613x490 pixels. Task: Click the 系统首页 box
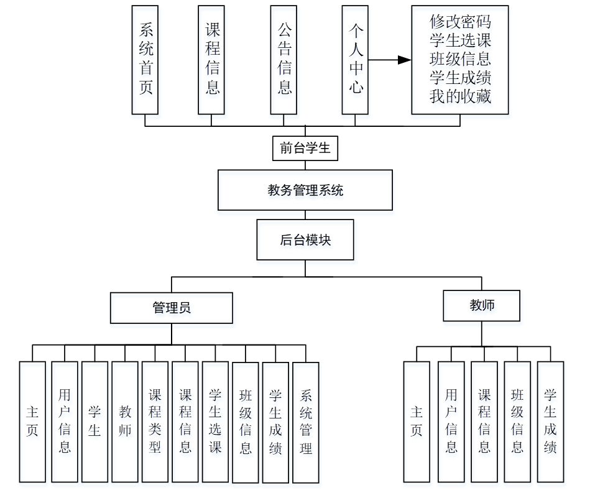[145, 60]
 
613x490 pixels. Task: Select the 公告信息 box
[284, 60]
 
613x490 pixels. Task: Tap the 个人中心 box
[356, 60]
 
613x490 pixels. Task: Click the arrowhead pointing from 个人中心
[404, 60]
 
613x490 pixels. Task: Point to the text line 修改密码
[460, 22]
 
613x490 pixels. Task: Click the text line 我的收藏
[460, 96]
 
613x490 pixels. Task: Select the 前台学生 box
[305, 149]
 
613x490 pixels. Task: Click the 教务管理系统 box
[305, 190]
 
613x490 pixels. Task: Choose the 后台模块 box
[305, 239]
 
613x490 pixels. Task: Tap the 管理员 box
[172, 308]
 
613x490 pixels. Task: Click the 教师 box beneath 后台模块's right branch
[482, 305]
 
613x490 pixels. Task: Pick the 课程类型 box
[155, 422]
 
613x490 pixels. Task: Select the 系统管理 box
[305, 422]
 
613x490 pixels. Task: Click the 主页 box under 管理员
[32, 422]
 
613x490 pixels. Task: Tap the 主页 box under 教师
[417, 422]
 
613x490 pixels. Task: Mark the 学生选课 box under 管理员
[215, 422]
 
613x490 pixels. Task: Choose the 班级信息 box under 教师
[517, 422]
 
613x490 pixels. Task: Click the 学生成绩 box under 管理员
[275, 422]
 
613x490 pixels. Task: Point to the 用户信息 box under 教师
[451, 422]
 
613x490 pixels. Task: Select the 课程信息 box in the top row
[211, 60]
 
